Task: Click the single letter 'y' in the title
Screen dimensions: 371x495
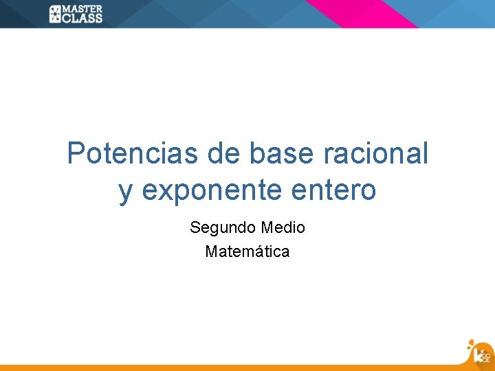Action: pyautogui.click(x=125, y=192)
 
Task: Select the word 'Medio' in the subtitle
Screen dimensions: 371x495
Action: pyautogui.click(x=283, y=227)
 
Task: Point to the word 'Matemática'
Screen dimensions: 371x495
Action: pyautogui.click(x=247, y=251)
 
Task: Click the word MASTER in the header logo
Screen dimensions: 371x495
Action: pyautogui.click(x=82, y=9)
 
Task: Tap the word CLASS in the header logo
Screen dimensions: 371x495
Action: pyautogui.click(x=82, y=18)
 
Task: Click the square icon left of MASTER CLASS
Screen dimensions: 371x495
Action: pyautogui.click(x=56, y=14)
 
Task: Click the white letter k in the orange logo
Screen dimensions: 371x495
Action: pyautogui.click(x=478, y=355)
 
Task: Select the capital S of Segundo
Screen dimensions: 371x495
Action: pyautogui.click(x=195, y=227)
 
